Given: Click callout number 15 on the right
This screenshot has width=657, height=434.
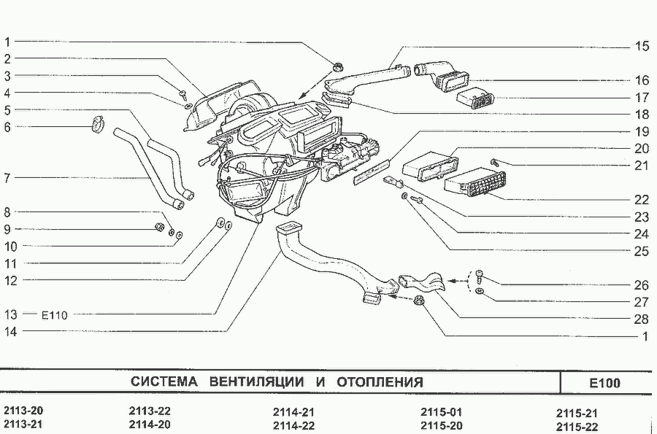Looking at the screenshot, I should (x=642, y=46).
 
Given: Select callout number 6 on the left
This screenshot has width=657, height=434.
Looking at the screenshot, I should (x=7, y=126).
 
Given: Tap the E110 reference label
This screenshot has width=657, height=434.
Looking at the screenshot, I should (x=54, y=315).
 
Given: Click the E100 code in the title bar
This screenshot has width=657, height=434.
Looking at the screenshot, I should (x=604, y=383).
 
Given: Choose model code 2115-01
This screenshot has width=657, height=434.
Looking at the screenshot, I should (x=441, y=411).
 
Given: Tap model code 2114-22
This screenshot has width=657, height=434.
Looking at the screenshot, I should (x=293, y=425).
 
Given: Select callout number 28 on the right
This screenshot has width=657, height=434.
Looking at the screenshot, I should (x=642, y=319).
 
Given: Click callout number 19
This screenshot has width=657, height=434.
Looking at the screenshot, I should (x=642, y=132).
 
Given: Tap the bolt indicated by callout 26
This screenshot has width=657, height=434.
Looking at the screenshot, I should (x=479, y=277).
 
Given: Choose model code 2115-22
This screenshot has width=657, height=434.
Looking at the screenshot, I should (x=577, y=425).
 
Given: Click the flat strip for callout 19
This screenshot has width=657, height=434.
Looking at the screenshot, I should (x=369, y=174).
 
